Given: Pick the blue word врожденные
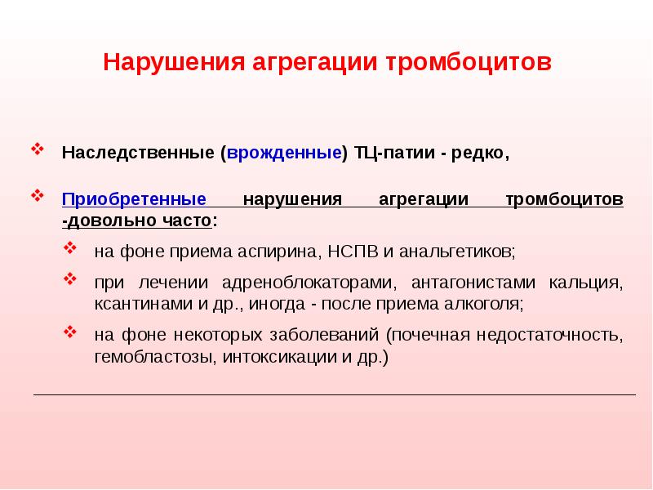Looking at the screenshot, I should [x=285, y=154].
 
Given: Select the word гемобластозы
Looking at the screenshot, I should [x=152, y=357].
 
